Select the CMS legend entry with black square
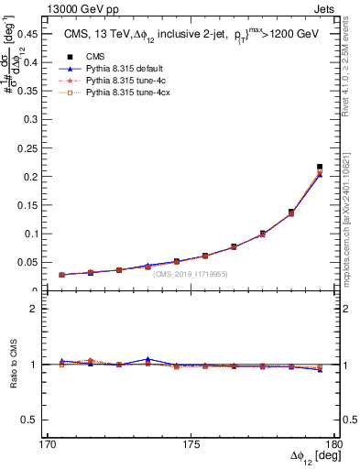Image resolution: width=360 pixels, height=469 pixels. click(x=95, y=57)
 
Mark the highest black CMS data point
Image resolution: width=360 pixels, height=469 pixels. click(x=320, y=167)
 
